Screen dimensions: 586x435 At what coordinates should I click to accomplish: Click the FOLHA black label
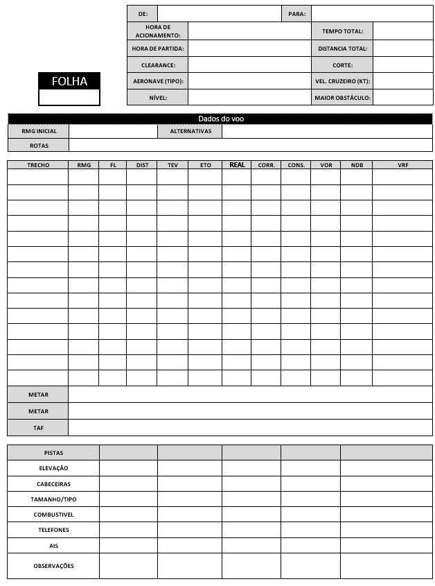click(69, 81)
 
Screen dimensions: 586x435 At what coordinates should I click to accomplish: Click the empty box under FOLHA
click(69, 97)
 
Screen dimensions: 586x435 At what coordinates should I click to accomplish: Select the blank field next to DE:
click(218, 14)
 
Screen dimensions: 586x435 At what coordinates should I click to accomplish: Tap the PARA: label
click(296, 14)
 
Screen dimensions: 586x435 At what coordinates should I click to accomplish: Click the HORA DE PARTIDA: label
click(158, 49)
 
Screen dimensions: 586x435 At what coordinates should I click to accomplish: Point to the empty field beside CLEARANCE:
click(249, 65)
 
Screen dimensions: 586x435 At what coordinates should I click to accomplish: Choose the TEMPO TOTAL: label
click(342, 31)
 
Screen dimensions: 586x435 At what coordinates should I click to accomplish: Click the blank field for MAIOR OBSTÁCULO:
click(402, 98)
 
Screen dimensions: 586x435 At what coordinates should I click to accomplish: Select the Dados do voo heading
click(220, 119)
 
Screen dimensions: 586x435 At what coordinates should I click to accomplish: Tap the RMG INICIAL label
click(39, 131)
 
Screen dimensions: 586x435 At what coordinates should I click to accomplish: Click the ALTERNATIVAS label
click(190, 131)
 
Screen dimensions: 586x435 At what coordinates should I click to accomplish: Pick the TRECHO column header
click(38, 165)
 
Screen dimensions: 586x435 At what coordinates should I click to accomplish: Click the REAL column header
click(237, 165)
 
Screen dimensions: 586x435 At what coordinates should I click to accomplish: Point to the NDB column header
click(356, 165)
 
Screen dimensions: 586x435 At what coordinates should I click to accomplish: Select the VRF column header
click(402, 165)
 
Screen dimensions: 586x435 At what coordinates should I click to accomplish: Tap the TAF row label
click(38, 428)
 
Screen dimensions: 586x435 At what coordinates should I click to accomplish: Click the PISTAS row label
click(53, 452)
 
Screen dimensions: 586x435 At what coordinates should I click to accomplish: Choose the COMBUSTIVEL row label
click(53, 515)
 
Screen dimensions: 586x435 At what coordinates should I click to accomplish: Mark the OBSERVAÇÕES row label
click(53, 566)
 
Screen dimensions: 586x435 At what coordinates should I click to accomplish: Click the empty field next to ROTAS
click(251, 146)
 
